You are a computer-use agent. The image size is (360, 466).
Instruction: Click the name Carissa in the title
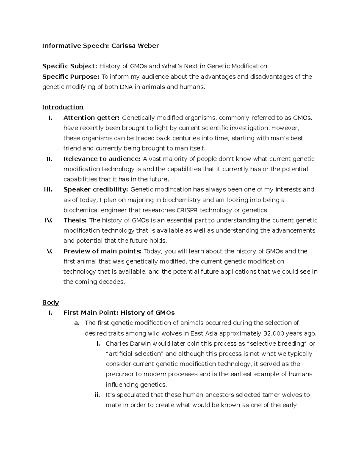click(x=123, y=46)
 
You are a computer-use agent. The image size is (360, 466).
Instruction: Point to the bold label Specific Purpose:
click(x=70, y=77)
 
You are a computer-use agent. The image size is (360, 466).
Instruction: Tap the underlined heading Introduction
click(x=63, y=107)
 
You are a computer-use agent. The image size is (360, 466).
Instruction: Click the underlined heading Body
click(x=50, y=302)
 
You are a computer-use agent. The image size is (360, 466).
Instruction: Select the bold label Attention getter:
click(x=91, y=118)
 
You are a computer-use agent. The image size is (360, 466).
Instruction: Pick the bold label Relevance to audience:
click(x=102, y=159)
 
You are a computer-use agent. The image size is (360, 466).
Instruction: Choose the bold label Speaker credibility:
click(x=96, y=189)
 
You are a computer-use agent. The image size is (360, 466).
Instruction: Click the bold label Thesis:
click(x=75, y=220)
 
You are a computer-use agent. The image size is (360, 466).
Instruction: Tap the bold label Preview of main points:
click(x=103, y=251)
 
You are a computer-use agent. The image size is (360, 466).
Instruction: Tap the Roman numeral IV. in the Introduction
click(x=48, y=220)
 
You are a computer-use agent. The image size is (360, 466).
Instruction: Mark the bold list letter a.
click(x=77, y=323)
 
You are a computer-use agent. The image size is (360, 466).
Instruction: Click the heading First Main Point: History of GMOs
click(x=119, y=313)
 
